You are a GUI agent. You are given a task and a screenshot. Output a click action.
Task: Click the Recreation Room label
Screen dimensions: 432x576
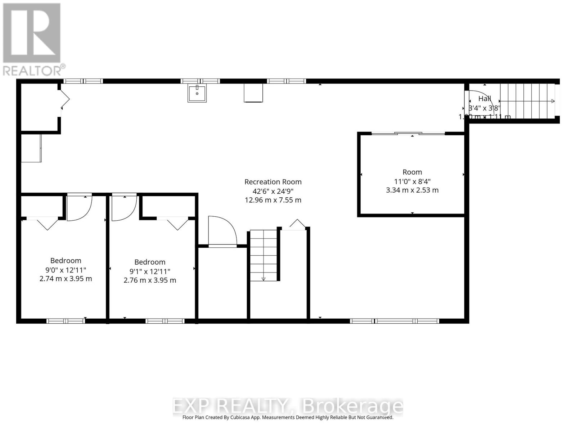pyautogui.click(x=273, y=182)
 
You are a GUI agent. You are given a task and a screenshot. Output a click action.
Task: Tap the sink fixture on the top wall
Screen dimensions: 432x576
pyautogui.click(x=197, y=94)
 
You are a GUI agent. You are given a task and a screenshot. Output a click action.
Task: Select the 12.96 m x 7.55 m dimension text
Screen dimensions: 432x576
pyautogui.click(x=273, y=200)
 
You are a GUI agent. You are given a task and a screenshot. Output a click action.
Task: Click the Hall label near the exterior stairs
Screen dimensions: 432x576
pyautogui.click(x=485, y=98)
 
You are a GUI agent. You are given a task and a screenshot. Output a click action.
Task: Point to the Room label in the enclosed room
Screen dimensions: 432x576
pyautogui.click(x=412, y=172)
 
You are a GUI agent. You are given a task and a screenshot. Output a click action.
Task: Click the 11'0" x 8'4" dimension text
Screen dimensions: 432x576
pyautogui.click(x=412, y=181)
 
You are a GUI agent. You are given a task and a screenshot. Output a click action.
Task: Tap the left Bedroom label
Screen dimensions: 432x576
pyautogui.click(x=66, y=261)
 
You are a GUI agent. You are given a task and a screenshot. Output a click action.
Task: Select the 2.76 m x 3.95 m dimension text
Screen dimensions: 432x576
pyautogui.click(x=150, y=280)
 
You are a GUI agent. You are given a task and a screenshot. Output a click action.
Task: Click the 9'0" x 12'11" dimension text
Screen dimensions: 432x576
pyautogui.click(x=66, y=270)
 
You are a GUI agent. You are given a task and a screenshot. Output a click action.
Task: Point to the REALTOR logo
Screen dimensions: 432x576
pyautogui.click(x=32, y=40)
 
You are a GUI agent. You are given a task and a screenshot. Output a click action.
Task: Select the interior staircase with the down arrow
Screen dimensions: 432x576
pyautogui.click(x=264, y=255)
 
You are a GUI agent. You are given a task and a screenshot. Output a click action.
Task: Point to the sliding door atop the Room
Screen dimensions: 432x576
pyautogui.click(x=408, y=134)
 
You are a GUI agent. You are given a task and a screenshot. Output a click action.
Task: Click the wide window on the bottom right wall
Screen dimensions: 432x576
pyautogui.click(x=395, y=321)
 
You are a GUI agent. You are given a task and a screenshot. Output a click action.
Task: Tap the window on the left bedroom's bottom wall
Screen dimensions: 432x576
pyautogui.click(x=66, y=321)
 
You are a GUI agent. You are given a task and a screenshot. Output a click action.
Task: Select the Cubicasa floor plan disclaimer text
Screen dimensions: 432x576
pyautogui.click(x=288, y=418)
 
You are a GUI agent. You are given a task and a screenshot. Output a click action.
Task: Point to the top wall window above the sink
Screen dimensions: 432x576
pyautogui.click(x=200, y=81)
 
